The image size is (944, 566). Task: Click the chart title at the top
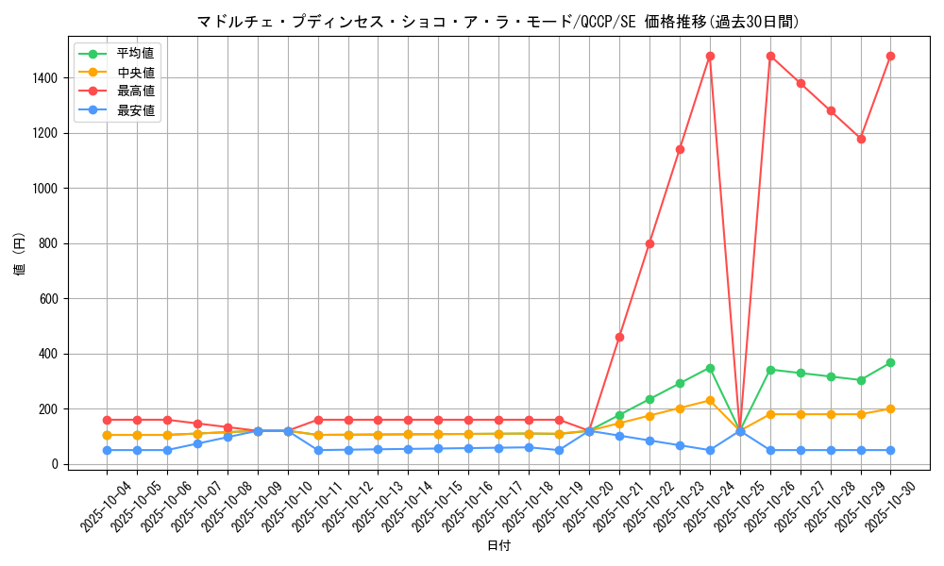click(497, 22)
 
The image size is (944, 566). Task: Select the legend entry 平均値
click(135, 54)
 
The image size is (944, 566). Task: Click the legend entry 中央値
click(135, 72)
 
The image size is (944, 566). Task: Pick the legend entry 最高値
click(135, 92)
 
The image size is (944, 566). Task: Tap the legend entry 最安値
click(135, 110)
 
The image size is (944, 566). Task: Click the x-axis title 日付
click(498, 546)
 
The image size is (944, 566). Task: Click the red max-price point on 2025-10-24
click(710, 56)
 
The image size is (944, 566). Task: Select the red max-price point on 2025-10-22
click(649, 243)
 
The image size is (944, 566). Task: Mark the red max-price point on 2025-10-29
click(861, 139)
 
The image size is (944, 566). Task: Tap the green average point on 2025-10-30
click(890, 362)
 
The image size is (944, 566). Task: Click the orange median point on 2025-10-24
click(710, 400)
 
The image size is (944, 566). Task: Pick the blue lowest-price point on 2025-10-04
click(107, 450)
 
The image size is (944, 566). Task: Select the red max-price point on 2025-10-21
click(619, 337)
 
